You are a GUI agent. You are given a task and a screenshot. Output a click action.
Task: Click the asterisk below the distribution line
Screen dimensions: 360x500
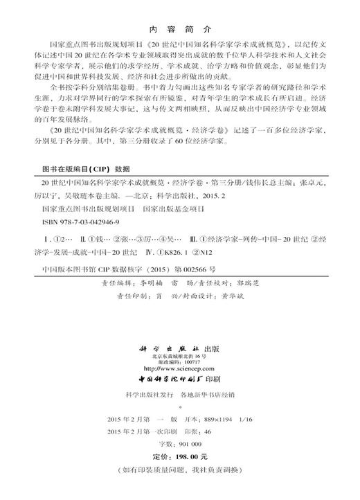pyautogui.click(x=180, y=409)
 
